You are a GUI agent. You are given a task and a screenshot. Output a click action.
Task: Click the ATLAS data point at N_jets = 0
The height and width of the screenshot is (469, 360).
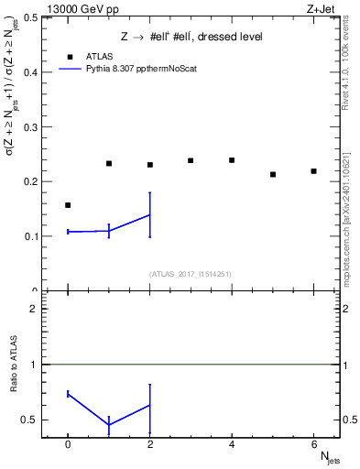tap(68, 205)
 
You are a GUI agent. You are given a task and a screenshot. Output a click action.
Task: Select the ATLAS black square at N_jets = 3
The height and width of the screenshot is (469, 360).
tap(191, 160)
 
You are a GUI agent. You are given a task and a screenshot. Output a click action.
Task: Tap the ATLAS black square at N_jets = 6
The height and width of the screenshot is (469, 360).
tap(313, 171)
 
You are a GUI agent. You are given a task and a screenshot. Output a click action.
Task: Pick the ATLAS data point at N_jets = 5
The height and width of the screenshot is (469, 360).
tap(273, 174)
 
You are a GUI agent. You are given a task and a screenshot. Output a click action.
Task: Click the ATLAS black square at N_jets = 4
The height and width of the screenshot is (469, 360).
tap(232, 160)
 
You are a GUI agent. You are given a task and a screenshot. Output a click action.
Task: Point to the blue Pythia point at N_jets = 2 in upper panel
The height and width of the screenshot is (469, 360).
tap(149, 215)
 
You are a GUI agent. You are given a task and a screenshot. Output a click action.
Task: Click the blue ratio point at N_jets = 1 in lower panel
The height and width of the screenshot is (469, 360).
tap(109, 425)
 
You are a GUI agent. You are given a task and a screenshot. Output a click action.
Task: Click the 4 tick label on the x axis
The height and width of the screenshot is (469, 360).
tap(232, 445)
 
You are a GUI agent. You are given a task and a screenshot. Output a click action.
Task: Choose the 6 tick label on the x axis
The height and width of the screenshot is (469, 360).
tap(313, 445)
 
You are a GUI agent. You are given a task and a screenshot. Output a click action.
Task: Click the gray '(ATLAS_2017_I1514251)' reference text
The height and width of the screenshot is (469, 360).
tap(191, 274)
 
